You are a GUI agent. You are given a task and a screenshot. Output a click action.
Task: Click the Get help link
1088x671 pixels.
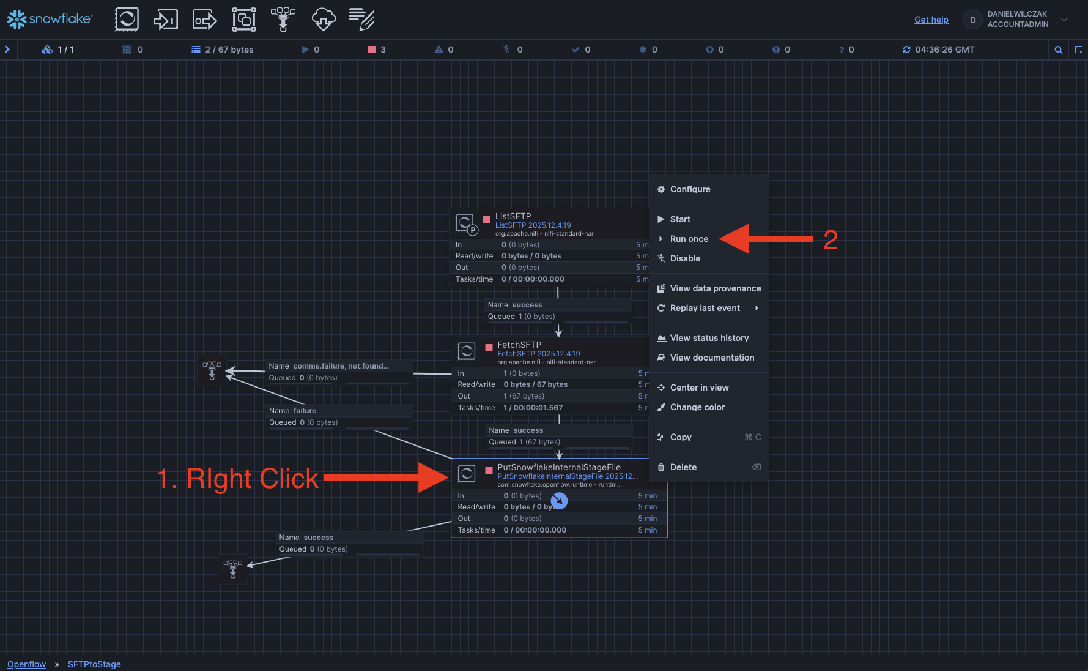(x=931, y=20)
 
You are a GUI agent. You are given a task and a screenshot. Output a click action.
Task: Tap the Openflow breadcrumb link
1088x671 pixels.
(x=26, y=664)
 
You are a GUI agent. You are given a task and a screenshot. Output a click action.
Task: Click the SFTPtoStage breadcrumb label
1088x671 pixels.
(x=94, y=664)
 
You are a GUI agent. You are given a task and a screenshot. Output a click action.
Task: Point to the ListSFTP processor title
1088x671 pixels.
(x=513, y=216)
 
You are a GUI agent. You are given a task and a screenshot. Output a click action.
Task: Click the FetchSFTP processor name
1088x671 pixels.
(x=519, y=345)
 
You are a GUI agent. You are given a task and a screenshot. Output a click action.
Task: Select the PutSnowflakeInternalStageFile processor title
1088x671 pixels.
(x=559, y=467)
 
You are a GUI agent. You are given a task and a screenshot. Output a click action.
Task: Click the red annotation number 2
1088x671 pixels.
(x=831, y=240)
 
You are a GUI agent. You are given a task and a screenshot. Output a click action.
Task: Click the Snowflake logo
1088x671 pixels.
(x=50, y=20)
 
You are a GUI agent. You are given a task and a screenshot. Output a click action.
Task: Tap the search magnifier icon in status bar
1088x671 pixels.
(x=1059, y=50)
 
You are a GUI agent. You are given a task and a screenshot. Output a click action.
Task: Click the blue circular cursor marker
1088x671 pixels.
(x=559, y=501)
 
